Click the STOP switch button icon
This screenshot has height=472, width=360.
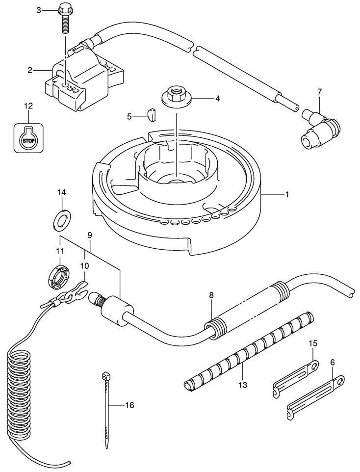29,137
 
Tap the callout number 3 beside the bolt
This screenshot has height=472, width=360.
39,10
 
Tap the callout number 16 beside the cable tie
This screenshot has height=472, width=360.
129,405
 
